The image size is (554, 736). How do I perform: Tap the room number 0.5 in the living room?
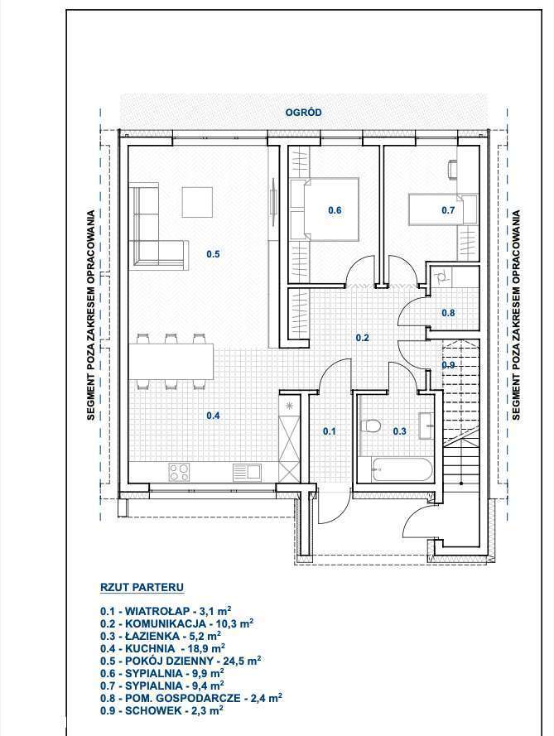(x=213, y=254)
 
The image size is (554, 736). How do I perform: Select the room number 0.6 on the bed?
(x=335, y=210)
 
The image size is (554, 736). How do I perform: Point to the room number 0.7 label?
(x=448, y=210)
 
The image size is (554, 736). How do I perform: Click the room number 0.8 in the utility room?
(x=448, y=313)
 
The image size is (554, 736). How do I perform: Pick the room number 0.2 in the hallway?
(x=362, y=338)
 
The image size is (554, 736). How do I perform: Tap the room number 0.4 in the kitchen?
(x=213, y=416)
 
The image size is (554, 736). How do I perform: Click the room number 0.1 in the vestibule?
(x=330, y=431)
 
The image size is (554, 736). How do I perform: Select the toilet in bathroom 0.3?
(x=372, y=426)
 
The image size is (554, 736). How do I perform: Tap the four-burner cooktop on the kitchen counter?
(x=180, y=472)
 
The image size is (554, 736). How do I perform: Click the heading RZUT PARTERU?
(x=141, y=587)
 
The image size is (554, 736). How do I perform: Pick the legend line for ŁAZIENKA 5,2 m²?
(x=161, y=635)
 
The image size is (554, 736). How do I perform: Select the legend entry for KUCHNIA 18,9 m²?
(x=162, y=647)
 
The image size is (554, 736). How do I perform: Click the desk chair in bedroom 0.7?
(x=453, y=168)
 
